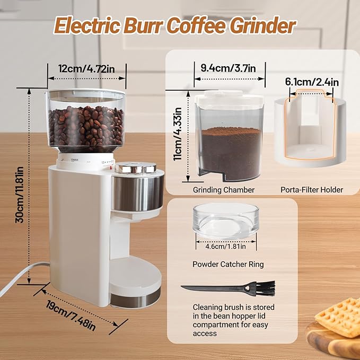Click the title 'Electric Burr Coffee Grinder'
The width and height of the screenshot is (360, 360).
(175, 25)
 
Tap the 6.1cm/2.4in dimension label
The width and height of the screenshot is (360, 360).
(311, 82)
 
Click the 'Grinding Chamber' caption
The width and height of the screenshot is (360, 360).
(224, 190)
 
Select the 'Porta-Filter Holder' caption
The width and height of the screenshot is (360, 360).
(311, 190)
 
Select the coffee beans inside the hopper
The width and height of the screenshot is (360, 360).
(86, 127)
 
